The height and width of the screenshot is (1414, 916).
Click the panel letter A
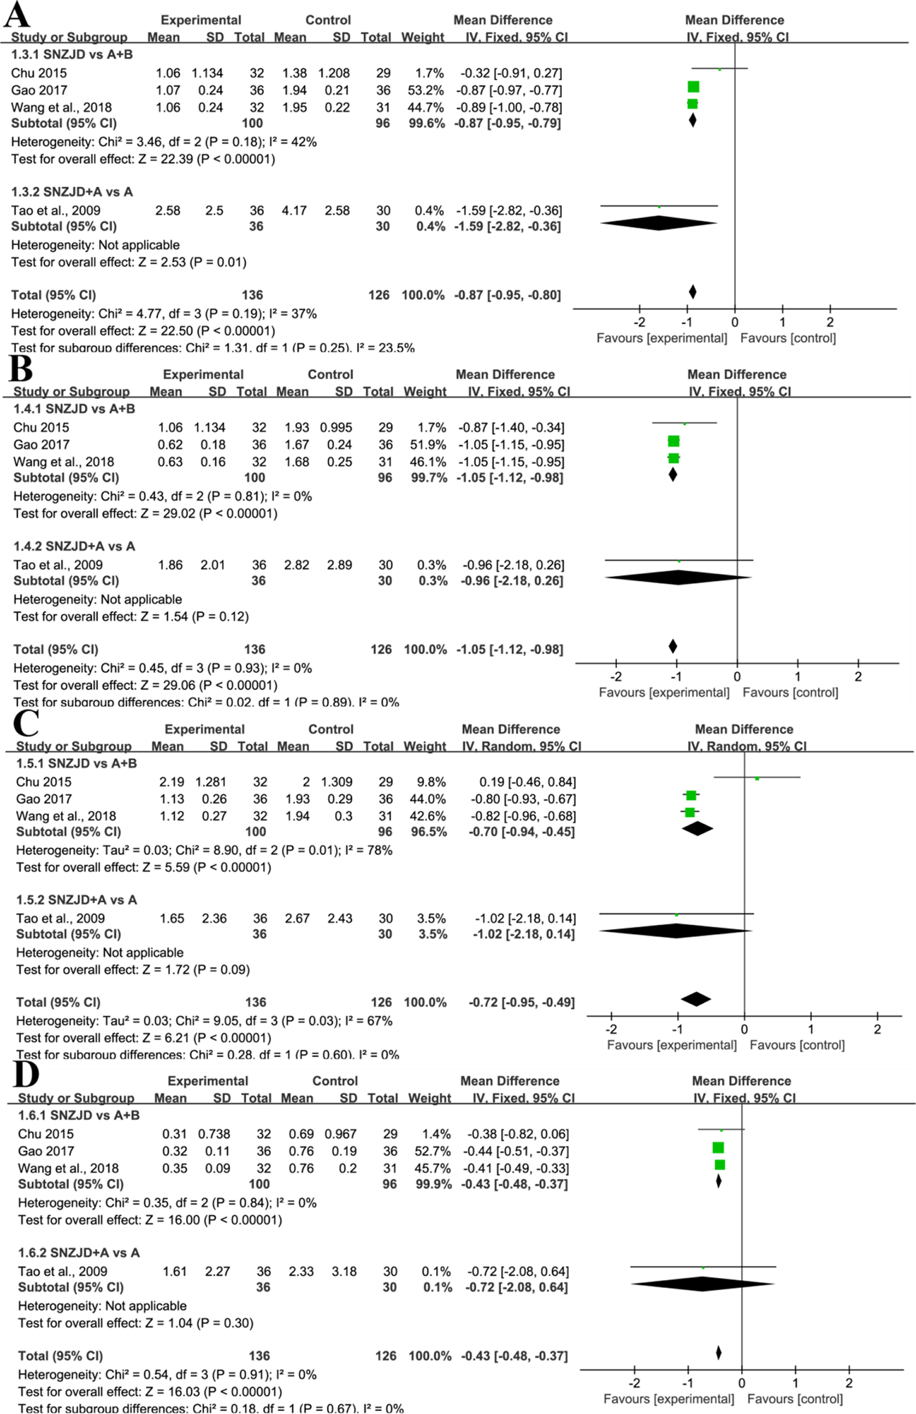point(16,15)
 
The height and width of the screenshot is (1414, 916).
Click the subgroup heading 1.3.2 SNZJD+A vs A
point(72,192)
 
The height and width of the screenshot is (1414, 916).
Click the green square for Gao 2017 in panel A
point(693,87)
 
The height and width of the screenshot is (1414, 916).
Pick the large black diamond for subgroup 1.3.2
point(659,223)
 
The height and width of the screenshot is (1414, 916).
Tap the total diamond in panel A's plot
point(693,292)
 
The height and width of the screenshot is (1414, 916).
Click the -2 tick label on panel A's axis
point(639,323)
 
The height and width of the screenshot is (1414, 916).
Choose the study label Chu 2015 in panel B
point(41,427)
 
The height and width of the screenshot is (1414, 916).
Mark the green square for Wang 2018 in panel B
point(674,458)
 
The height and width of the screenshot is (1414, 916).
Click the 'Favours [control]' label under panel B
point(790,692)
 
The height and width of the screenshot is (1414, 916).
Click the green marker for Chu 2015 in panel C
point(757,778)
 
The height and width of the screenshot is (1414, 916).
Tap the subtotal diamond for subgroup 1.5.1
point(697,828)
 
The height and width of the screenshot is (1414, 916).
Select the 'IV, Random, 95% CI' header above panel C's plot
point(747,746)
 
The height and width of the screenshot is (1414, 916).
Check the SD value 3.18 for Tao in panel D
point(344,1272)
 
